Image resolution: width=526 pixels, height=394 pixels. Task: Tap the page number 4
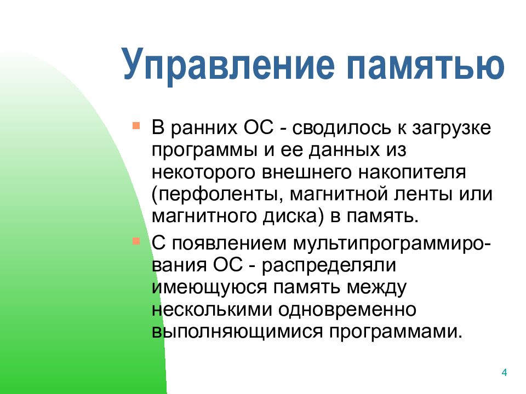tap(504, 372)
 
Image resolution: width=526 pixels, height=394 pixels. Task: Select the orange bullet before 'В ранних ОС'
tap(136, 126)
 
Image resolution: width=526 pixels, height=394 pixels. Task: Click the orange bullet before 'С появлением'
tap(136, 241)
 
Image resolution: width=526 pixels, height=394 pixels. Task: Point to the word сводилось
tap(341, 128)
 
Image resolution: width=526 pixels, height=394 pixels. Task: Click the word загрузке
tap(451, 129)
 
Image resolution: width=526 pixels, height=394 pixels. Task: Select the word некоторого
tap(203, 173)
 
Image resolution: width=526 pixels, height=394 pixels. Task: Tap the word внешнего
tap(307, 173)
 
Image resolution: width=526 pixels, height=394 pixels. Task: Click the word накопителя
tap(412, 173)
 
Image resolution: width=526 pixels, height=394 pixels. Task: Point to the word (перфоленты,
tap(215, 195)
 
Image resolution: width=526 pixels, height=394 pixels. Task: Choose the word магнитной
tap(339, 194)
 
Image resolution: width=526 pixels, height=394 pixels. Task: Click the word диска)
tap(293, 217)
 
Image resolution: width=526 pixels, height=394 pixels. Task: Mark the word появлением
tap(230, 243)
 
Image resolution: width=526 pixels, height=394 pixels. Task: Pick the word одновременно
tap(347, 309)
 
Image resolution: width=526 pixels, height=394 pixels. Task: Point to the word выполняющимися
tap(237, 332)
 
